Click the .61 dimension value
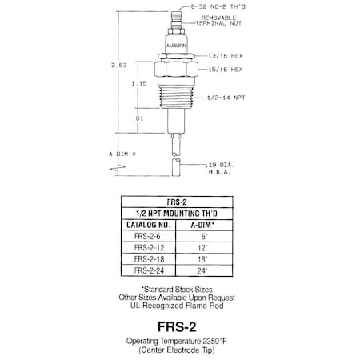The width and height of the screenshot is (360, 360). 139,117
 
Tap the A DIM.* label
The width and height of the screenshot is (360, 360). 122,151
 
